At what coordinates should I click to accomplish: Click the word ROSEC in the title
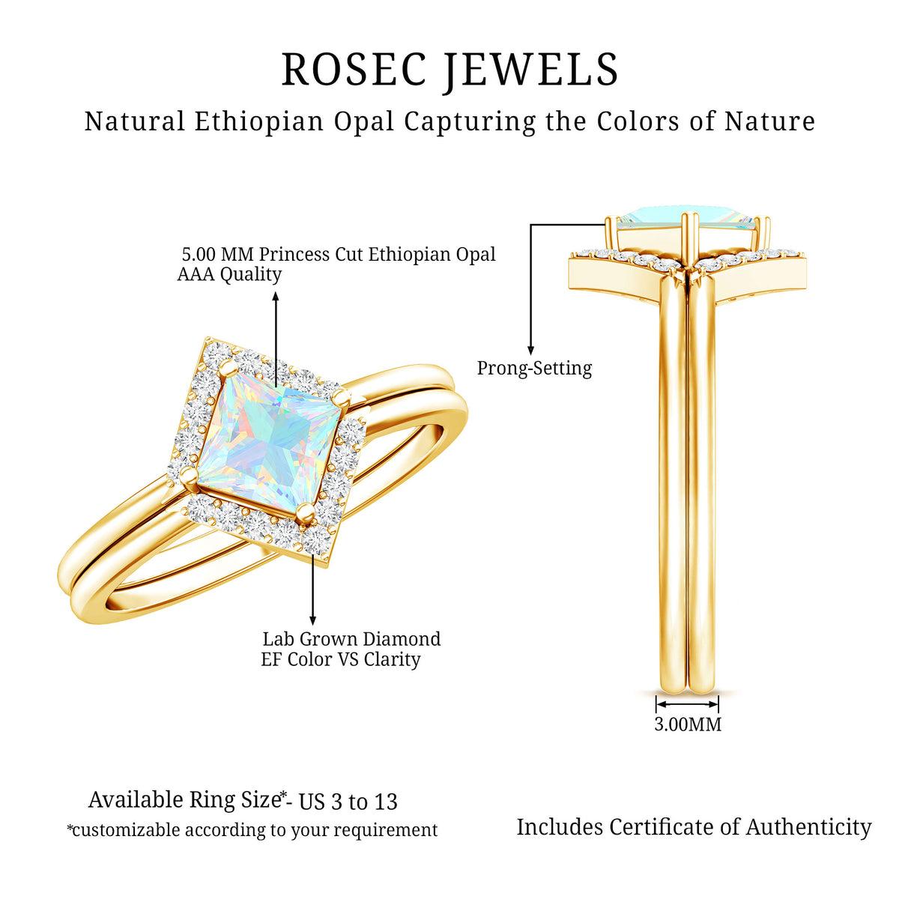point(354,70)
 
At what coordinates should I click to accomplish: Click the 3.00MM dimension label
point(687,724)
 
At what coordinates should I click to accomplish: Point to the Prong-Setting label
point(534,368)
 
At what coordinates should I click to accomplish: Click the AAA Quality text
point(229,274)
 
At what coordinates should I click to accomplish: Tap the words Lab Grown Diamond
point(351,639)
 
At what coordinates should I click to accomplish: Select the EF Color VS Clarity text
point(341,660)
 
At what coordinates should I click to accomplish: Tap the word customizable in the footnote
point(126,830)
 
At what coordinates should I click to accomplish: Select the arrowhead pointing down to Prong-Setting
point(530,350)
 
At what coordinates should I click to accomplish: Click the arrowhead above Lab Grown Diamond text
point(312,620)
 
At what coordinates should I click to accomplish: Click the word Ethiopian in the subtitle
point(259,121)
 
